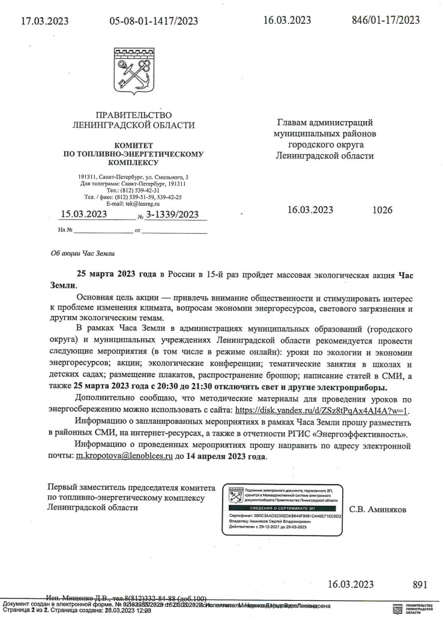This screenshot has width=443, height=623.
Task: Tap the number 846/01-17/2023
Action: (x=385, y=20)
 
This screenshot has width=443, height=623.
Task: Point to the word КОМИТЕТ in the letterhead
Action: (x=133, y=145)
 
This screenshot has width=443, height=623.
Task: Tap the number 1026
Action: (x=382, y=210)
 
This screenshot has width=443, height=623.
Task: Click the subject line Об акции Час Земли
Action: (x=82, y=254)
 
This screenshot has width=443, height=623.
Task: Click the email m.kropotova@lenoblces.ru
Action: (x=124, y=456)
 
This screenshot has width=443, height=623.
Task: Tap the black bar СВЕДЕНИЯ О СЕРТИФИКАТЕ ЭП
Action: (x=282, y=507)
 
